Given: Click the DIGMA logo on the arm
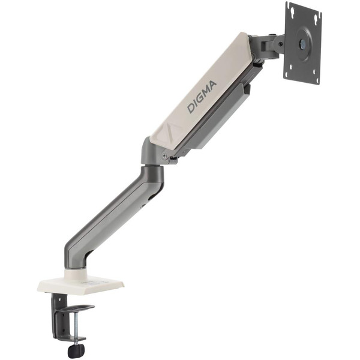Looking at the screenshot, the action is coord(202,97).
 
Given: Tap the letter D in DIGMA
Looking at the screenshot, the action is coord(191,108).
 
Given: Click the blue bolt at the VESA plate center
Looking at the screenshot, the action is coord(302,43).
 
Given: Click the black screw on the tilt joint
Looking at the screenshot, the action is coord(280,43).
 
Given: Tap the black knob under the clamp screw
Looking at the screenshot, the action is coord(76,350).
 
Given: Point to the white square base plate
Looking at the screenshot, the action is coord(80,285).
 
